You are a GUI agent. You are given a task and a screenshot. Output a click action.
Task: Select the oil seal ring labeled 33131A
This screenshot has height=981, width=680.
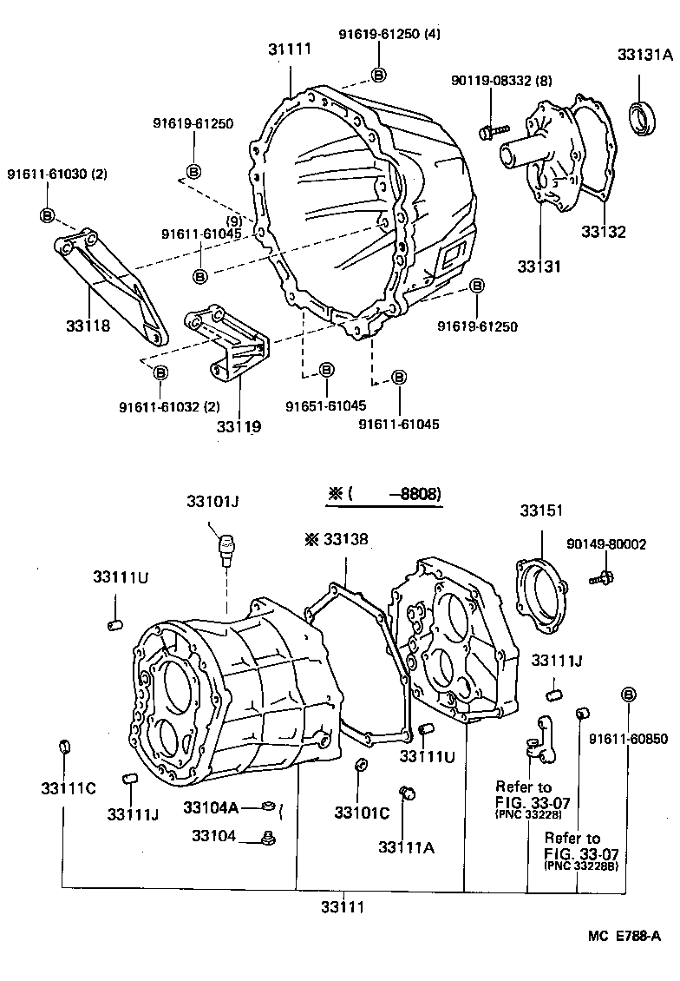[641, 118]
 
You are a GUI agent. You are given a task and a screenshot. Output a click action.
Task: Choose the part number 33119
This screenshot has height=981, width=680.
[239, 426]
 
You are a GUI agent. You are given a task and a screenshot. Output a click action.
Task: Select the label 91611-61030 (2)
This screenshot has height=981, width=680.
[58, 174]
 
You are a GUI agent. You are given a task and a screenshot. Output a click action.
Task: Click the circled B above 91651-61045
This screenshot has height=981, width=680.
[326, 371]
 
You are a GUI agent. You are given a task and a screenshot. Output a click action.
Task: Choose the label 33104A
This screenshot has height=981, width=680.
[210, 807]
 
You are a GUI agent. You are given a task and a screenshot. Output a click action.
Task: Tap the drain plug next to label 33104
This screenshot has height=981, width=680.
[268, 837]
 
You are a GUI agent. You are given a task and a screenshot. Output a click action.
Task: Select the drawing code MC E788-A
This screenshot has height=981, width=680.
[624, 935]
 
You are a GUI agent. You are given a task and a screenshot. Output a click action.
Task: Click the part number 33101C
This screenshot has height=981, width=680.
[362, 813]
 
